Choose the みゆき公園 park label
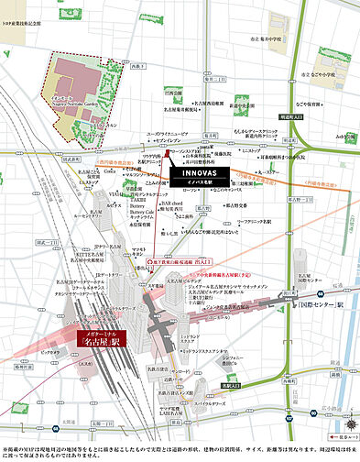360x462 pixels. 344,137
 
